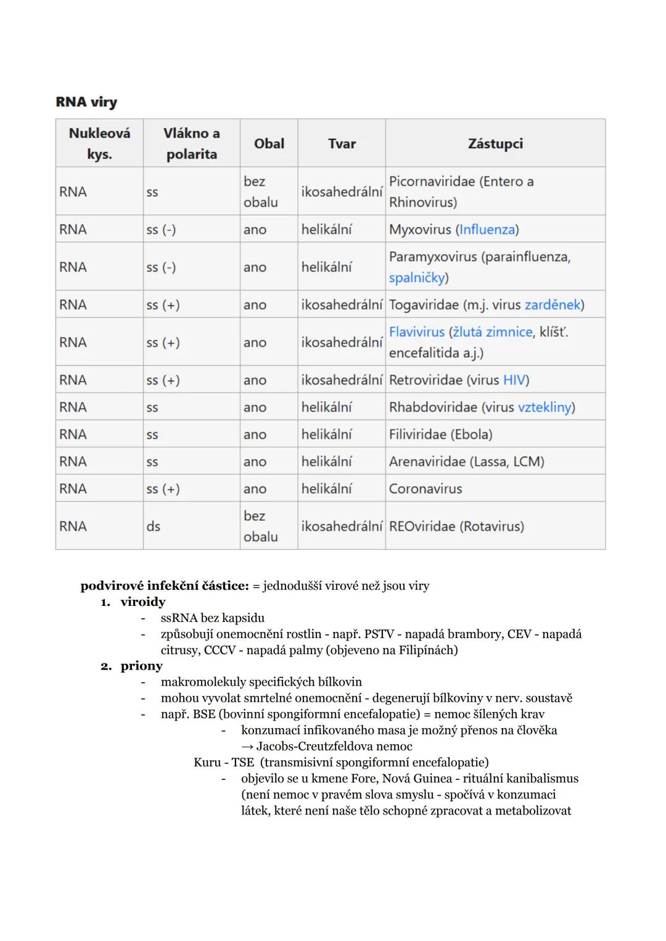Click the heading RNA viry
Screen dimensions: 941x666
click(x=86, y=102)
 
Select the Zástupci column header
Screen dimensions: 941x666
click(x=495, y=144)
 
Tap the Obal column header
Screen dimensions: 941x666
click(x=269, y=144)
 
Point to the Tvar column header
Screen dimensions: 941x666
click(x=342, y=144)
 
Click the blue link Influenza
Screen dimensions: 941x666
click(x=487, y=230)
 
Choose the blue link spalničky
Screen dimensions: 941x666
click(x=417, y=278)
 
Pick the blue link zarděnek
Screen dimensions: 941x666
click(x=553, y=305)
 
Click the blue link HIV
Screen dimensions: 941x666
click(x=514, y=380)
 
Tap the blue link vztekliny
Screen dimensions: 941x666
click(x=545, y=407)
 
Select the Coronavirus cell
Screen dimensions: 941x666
click(x=425, y=489)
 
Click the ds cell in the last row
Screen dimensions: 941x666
click(x=153, y=526)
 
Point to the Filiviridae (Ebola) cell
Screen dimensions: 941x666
click(x=440, y=434)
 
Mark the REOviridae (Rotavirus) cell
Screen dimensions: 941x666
click(x=456, y=526)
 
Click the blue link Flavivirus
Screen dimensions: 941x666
click(x=417, y=332)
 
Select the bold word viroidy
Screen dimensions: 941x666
click(x=143, y=602)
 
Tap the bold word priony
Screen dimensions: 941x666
click(x=142, y=666)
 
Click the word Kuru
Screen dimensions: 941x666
click(x=207, y=762)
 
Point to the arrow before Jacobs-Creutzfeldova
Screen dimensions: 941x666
click(x=247, y=746)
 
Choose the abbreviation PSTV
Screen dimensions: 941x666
click(x=379, y=634)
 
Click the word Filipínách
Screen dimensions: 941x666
click(x=426, y=650)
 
